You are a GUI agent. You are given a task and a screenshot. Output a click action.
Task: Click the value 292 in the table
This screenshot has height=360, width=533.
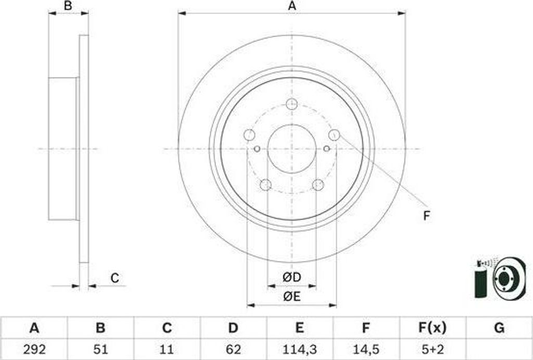click(x=34, y=349)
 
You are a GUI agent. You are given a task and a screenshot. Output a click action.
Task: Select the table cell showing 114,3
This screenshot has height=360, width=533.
click(x=299, y=349)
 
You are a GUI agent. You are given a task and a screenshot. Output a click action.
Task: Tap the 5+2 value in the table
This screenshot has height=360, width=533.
click(x=432, y=349)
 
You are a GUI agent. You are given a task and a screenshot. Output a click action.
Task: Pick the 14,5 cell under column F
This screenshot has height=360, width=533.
click(x=365, y=349)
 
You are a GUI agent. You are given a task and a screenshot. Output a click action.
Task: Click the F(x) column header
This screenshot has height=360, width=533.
click(x=432, y=328)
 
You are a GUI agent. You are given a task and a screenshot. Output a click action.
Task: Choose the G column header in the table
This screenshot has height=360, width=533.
click(x=499, y=328)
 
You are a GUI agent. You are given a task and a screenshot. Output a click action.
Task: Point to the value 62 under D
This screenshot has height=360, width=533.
click(x=233, y=349)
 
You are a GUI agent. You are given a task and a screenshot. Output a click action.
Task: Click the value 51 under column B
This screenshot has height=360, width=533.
click(x=100, y=349)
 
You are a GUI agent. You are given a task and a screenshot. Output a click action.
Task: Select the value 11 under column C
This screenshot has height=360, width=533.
click(x=167, y=349)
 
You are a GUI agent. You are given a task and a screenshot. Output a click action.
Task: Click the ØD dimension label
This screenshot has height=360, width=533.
click(x=292, y=277)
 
